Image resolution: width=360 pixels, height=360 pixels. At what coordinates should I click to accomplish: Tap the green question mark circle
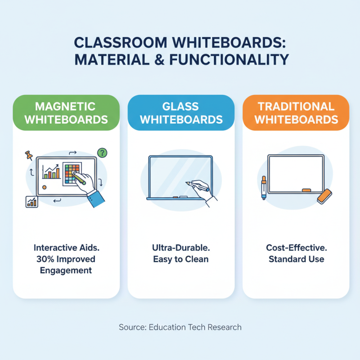coord(103,153)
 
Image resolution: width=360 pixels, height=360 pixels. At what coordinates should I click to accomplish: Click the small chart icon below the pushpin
coord(31,202)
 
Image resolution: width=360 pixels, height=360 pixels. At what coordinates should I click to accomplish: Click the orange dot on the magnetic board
coord(44,187)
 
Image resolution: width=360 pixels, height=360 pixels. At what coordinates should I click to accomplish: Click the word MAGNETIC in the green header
coord(65,107)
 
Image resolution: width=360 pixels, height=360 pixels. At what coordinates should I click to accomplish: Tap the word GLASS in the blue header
coord(180,107)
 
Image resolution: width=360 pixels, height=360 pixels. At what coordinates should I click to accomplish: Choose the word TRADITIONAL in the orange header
coord(296,107)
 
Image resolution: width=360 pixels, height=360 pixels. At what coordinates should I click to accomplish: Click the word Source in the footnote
coord(131,327)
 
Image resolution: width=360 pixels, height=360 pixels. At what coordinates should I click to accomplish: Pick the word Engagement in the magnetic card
coord(66,270)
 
